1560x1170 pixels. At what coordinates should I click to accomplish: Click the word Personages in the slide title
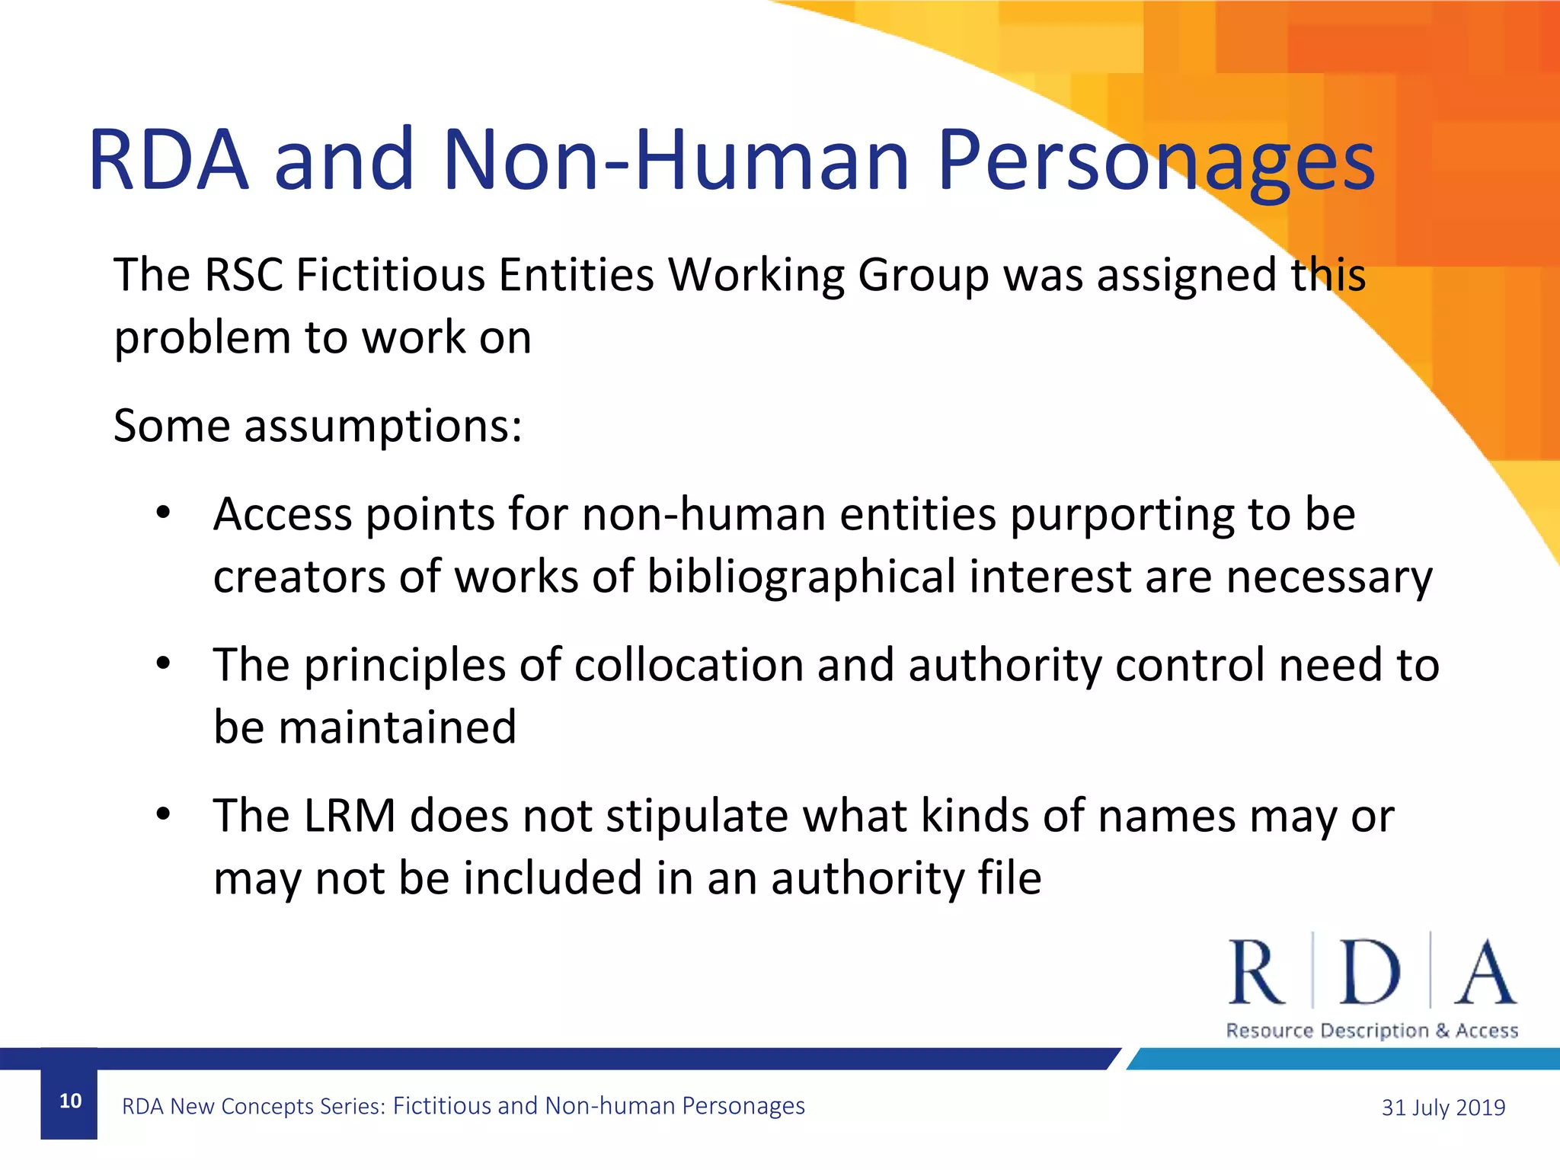1156,161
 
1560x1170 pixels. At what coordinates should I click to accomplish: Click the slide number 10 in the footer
70,1101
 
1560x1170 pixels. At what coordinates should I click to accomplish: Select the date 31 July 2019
1443,1107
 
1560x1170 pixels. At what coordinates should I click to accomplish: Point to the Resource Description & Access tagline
1372,1031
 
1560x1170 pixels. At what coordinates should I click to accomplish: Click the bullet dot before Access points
163,514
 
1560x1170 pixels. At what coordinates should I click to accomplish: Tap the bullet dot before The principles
163,664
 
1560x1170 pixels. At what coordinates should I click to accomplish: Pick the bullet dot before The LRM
163,815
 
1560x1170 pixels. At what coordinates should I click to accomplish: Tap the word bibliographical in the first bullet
801,577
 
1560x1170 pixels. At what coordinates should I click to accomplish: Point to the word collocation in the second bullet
688,665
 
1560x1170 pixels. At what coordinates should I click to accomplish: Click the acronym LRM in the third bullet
350,816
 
